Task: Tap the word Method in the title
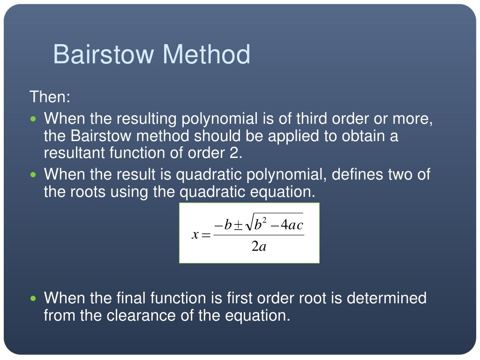206,54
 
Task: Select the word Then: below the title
50,97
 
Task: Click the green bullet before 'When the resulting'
33,120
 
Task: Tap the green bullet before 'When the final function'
33,298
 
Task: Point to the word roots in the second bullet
89,192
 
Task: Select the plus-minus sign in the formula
238,225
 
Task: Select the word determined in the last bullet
387,298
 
